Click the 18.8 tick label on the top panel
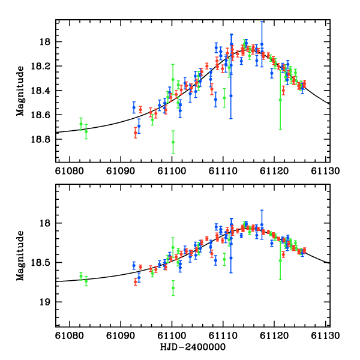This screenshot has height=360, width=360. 43,139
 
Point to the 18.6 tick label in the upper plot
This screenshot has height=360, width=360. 43,115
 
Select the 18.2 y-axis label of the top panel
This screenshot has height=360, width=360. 43,66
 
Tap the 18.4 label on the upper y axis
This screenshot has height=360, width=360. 43,91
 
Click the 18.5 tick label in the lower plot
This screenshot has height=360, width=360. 43,263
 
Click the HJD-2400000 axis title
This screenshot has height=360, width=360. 190,347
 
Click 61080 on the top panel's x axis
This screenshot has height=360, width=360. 69,170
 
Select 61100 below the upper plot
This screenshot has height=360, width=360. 172,170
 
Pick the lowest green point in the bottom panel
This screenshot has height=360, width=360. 173,287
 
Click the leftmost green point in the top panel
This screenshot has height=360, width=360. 81,124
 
